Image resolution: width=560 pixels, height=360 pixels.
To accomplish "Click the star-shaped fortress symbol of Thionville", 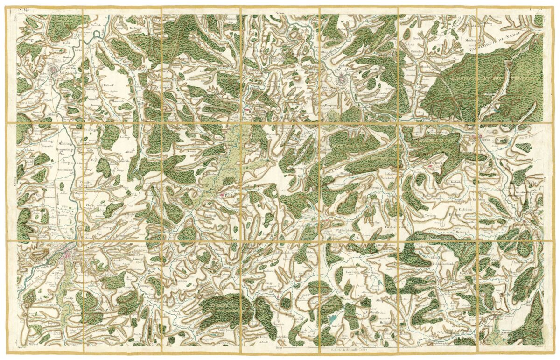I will coord(55,70).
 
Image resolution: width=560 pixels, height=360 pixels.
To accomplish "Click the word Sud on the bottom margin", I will coord(280,348).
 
